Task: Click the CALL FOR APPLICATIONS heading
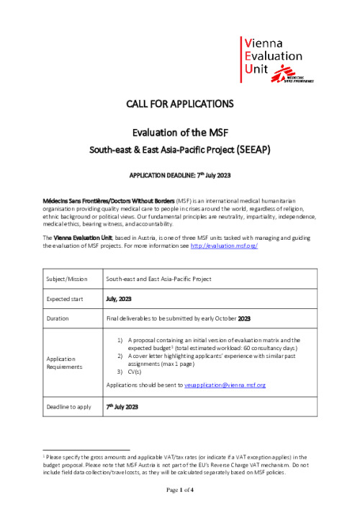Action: pos(180,104)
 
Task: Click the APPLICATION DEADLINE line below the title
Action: pos(180,176)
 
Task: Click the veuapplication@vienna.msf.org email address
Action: pos(225,385)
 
